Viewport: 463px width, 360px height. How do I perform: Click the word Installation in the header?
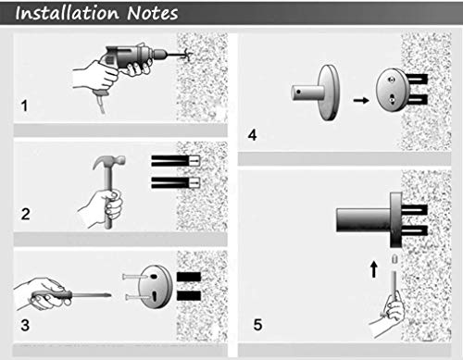(67, 13)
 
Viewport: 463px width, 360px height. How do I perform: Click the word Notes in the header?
(153, 13)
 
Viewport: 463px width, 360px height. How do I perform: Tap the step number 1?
(24, 106)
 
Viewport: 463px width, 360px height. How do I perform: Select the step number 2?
(25, 214)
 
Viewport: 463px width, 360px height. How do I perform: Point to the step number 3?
(25, 325)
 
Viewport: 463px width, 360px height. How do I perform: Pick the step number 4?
(252, 135)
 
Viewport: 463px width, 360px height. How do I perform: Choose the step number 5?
(257, 325)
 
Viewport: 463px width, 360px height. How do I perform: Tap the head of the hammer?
(109, 161)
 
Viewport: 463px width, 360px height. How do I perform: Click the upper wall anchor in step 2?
(176, 161)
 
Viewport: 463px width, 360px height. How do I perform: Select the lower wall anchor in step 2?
(176, 182)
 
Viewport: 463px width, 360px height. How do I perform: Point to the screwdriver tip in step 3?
(109, 295)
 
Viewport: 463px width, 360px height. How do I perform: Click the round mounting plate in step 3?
(155, 287)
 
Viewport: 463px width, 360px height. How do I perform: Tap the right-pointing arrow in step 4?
(361, 100)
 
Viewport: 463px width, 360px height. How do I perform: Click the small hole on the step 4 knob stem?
(298, 92)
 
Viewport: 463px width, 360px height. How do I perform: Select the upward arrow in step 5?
(374, 269)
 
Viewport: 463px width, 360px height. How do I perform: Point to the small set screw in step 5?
(394, 258)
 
